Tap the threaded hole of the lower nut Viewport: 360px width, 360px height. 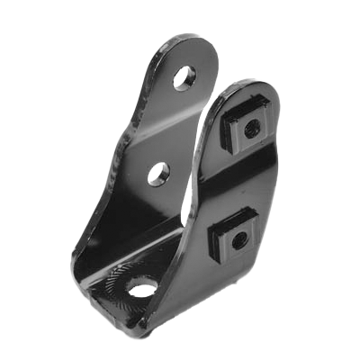(x=238, y=240)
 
